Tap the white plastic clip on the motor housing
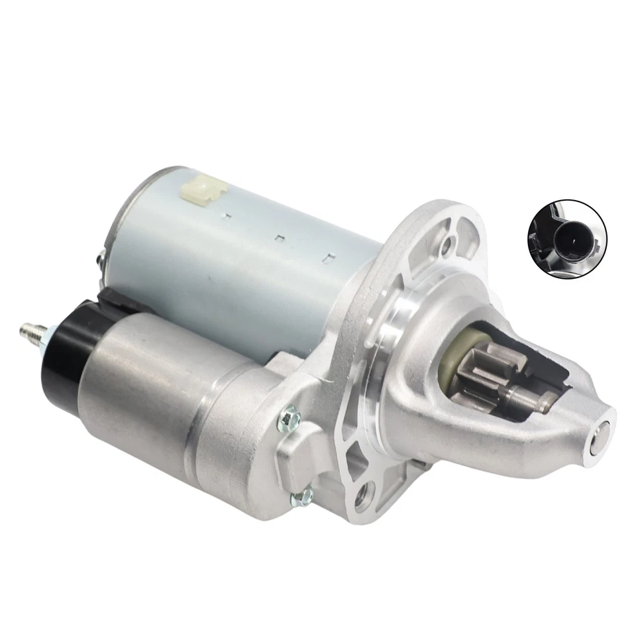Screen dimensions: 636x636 (203, 191)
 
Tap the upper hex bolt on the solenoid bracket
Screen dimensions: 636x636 (290, 417)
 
